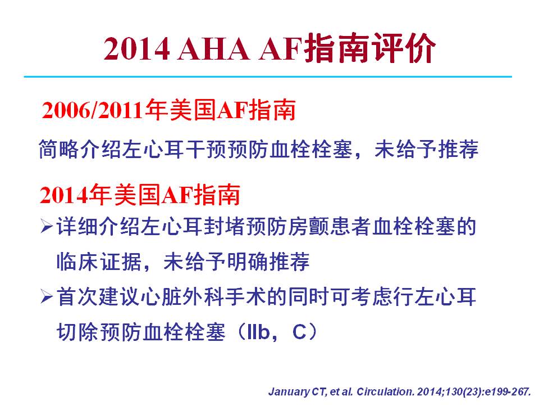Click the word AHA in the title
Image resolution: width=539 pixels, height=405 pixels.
[213, 49]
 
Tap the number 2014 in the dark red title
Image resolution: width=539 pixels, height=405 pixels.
[137, 49]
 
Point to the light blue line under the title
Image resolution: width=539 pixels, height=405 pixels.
[268, 76]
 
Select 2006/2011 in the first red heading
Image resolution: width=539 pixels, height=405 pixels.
[93, 110]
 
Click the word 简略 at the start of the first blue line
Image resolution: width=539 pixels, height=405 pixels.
[59, 149]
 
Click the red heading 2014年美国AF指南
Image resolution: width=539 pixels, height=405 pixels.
[140, 195]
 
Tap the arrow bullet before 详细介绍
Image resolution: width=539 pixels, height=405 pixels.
[47, 226]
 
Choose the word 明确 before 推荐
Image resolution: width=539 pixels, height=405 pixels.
[247, 262]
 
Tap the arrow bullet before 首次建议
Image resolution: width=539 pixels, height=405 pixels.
[47, 297]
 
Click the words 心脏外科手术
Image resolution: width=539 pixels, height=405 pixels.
[203, 297]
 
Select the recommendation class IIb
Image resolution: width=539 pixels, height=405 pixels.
[258, 332]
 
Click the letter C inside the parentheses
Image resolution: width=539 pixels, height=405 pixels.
[299, 332]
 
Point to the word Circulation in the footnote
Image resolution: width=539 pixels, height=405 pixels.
[385, 392]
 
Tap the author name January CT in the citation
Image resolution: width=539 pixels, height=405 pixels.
[296, 392]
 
